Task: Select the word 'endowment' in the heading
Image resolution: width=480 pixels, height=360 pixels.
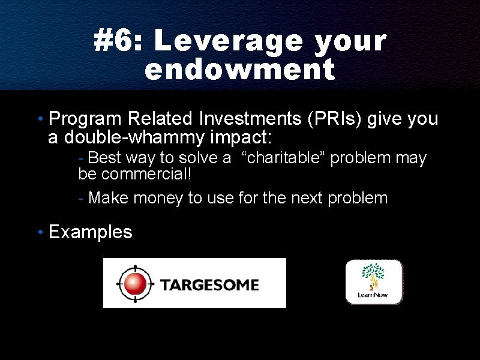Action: coord(240,69)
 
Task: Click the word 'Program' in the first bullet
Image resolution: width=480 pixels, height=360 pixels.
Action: coord(85,119)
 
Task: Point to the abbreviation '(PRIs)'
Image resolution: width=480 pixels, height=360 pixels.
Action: coord(335,119)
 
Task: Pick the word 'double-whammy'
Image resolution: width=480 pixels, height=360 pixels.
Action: coord(134,137)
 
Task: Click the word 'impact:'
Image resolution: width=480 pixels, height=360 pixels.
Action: coord(241,138)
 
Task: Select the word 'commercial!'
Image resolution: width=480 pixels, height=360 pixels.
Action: coord(146,174)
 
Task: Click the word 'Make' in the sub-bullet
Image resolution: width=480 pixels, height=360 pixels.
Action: coord(108,198)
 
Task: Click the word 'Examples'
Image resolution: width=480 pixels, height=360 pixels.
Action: coord(91,232)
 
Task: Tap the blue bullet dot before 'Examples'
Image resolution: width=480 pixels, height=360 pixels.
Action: coord(41,232)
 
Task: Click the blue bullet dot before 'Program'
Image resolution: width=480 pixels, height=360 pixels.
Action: coord(41,119)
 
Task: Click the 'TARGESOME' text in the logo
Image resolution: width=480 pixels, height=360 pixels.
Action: coord(209,285)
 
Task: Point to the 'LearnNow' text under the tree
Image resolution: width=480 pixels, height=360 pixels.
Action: coord(373,295)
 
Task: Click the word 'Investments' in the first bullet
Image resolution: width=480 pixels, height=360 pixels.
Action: coord(250,119)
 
